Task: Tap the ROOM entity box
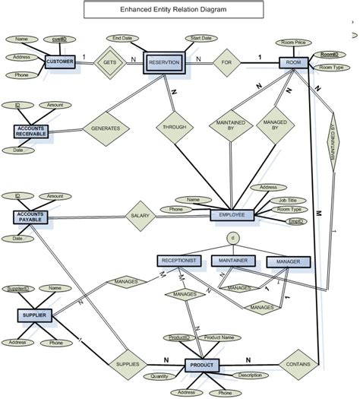[x=294, y=63]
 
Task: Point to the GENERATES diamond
[x=105, y=128]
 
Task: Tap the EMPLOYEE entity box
[x=232, y=215]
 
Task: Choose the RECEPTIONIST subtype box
[x=179, y=261]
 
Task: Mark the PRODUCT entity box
[x=202, y=366]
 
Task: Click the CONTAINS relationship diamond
[x=298, y=365]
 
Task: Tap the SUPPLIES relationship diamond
[x=127, y=365]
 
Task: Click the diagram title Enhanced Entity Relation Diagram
[x=172, y=10]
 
